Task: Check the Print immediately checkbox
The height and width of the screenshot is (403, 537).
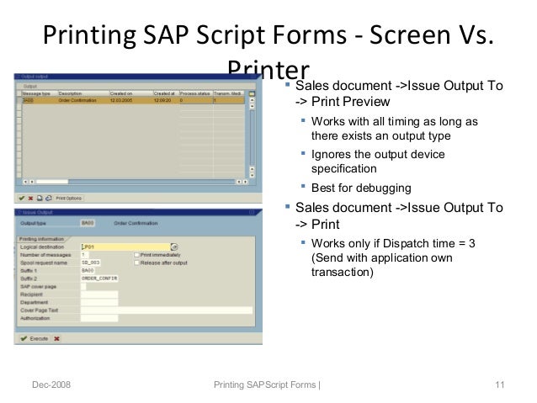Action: tap(137, 255)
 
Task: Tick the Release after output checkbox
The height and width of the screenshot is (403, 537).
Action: tap(137, 262)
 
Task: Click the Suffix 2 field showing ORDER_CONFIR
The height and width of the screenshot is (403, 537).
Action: tap(98, 278)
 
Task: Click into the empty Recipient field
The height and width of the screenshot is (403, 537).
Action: tap(98, 294)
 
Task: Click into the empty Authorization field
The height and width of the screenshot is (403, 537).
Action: tap(98, 317)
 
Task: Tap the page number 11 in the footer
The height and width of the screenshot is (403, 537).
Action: tap(500, 385)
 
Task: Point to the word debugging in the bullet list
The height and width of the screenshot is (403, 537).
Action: tap(381, 187)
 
